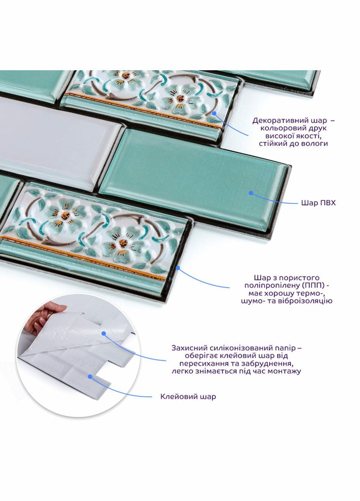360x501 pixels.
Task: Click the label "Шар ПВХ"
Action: point(318,203)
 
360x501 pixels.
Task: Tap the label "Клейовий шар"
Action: point(188,396)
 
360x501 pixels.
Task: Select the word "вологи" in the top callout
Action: point(315,143)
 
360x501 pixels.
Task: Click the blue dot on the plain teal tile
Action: point(251,193)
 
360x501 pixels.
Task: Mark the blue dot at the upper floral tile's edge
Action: point(214,113)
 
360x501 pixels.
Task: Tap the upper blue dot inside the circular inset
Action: point(104,333)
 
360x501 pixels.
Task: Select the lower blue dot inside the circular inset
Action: point(91,377)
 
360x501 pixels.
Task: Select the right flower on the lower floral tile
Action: point(123,244)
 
